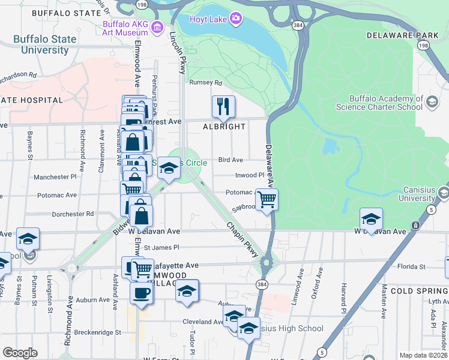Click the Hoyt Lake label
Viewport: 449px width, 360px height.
pyautogui.click(x=208, y=19)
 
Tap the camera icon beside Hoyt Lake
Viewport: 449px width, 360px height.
pyautogui.click(x=237, y=19)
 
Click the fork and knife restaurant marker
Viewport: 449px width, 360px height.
pyautogui.click(x=223, y=107)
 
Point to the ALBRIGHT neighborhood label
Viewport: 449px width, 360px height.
pyautogui.click(x=224, y=127)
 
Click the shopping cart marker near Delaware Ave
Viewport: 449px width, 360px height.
pyautogui.click(x=267, y=199)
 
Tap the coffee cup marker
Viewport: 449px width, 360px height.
pyautogui.click(x=142, y=293)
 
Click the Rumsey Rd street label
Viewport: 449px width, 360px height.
pyautogui.click(x=205, y=83)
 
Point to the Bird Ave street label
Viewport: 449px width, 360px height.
pyautogui.click(x=231, y=160)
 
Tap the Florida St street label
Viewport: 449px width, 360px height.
pyautogui.click(x=412, y=266)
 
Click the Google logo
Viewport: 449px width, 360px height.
pyautogui.click(x=20, y=353)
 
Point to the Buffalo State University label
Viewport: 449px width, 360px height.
pyautogui.click(x=45, y=44)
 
